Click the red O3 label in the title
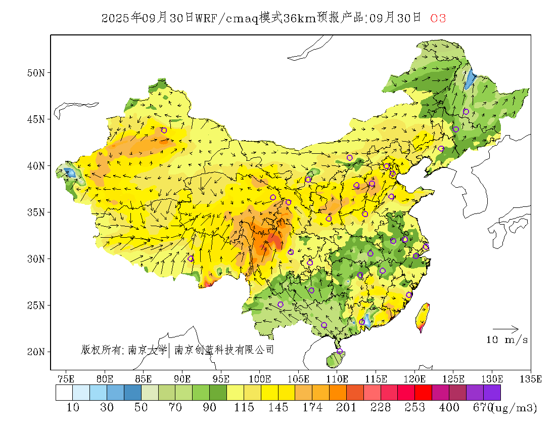click(438, 18)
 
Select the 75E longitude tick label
click(66, 378)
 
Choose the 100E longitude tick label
click(260, 378)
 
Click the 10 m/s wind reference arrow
click(505, 329)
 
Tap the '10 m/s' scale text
click(507, 340)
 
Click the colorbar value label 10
click(73, 408)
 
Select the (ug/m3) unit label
click(515, 408)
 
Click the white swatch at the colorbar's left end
click(64, 393)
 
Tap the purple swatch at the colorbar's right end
click(492, 393)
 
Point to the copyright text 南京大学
click(147, 350)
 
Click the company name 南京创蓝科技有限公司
click(224, 350)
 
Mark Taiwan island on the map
click(423, 316)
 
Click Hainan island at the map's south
click(334, 360)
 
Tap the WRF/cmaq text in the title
click(227, 18)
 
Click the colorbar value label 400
click(449, 408)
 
